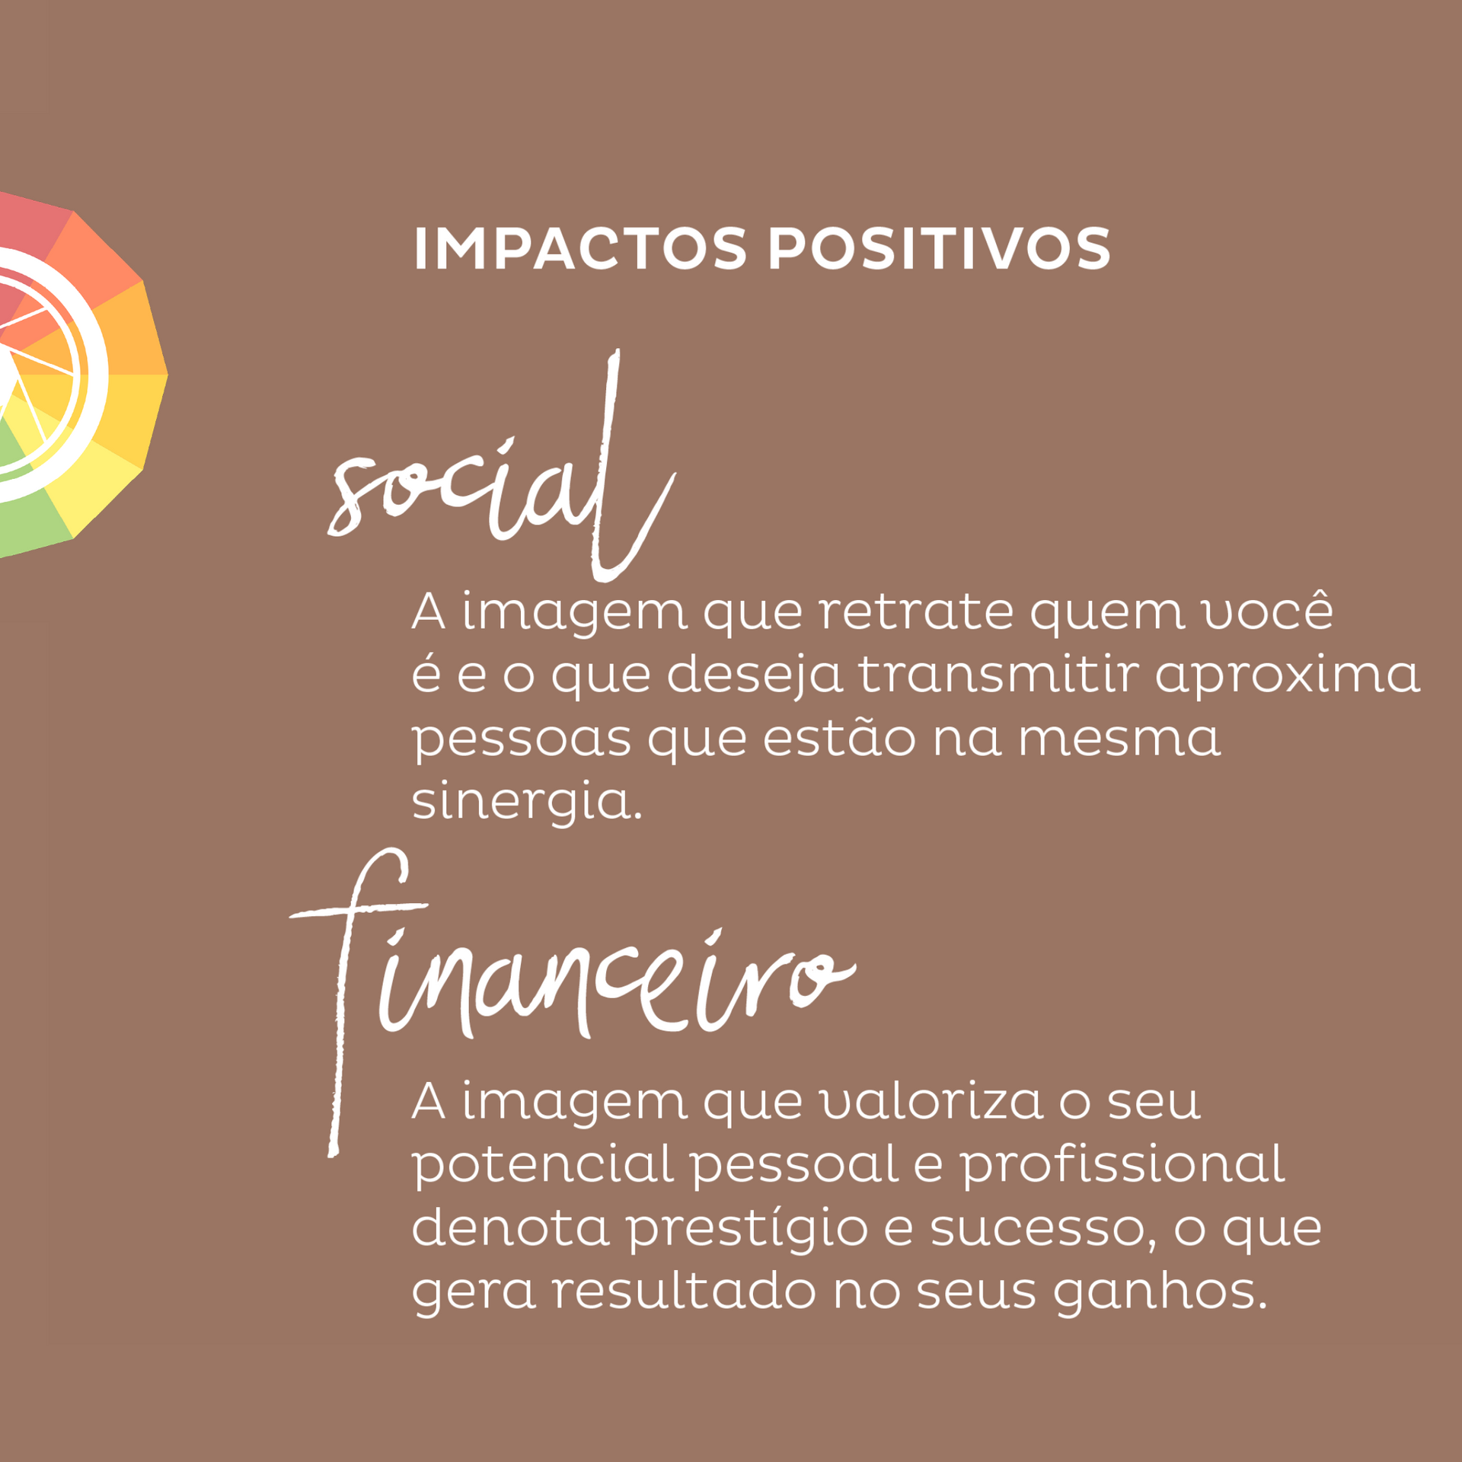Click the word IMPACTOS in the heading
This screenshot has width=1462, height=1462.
(580, 248)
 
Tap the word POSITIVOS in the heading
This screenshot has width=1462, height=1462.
(940, 248)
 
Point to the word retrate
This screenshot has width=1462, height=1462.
(916, 611)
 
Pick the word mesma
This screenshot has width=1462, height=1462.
(1119, 739)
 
